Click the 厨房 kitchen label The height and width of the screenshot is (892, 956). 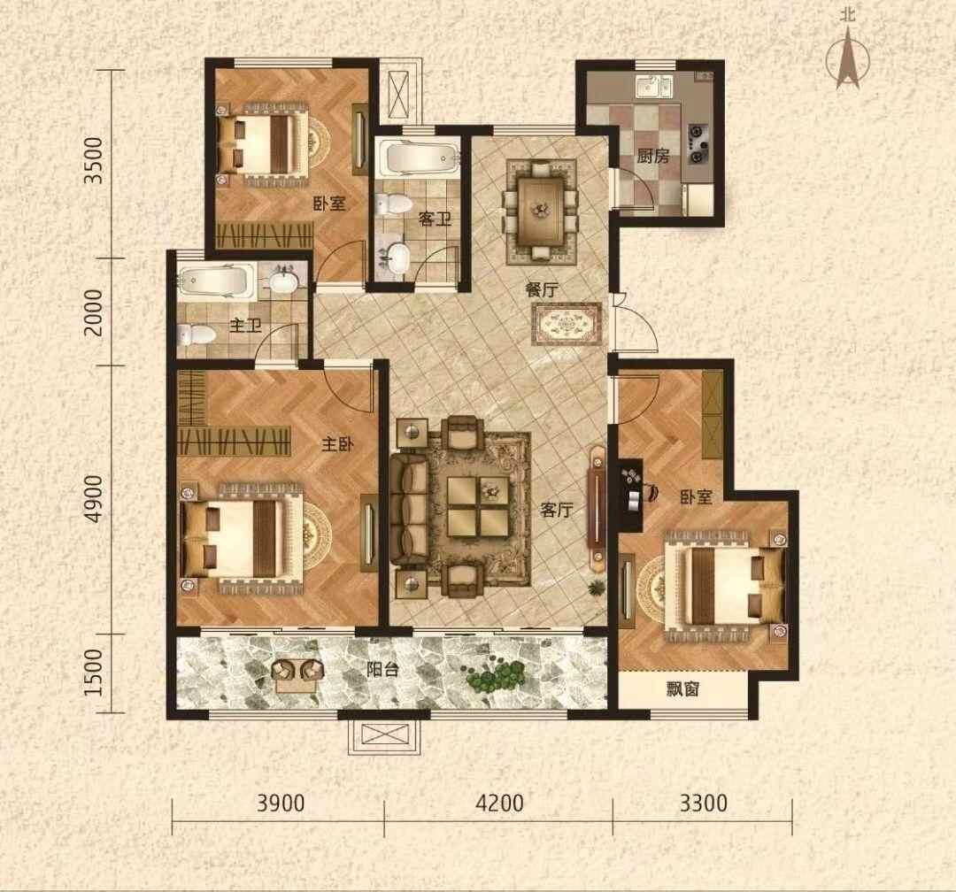(653, 157)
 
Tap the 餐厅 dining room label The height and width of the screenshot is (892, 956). (542, 289)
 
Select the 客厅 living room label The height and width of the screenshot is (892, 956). (557, 509)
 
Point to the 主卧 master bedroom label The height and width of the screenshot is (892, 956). (338, 444)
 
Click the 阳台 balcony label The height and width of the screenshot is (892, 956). (383, 670)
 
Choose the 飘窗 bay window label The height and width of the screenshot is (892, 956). (682, 689)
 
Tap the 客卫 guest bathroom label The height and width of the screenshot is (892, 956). (434, 219)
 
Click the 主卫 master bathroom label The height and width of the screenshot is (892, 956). (245, 326)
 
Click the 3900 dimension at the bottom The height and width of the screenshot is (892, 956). (281, 803)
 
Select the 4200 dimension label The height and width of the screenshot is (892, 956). (499, 803)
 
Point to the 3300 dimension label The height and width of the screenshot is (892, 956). (704, 803)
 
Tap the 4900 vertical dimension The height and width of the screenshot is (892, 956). (95, 498)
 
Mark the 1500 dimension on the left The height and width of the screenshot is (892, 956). (95, 672)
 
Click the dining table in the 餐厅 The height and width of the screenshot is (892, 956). (541, 211)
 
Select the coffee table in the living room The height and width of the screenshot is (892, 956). (478, 506)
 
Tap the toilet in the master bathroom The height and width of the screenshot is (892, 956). (196, 334)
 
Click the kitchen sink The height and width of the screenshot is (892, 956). (653, 86)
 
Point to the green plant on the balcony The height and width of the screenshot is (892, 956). (496, 675)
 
